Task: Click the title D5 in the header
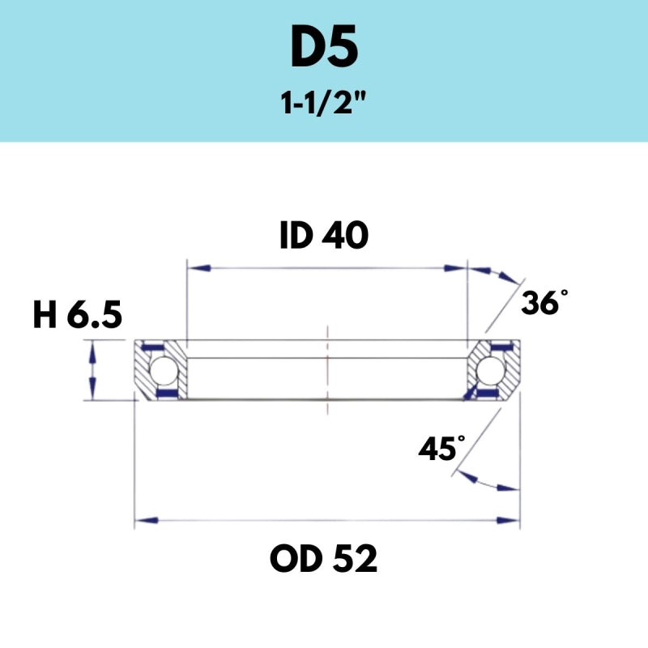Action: click(x=323, y=49)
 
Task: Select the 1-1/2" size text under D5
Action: click(x=324, y=104)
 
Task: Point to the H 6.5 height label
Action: click(x=77, y=316)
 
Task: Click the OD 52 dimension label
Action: click(x=324, y=558)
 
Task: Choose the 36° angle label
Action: click(x=540, y=303)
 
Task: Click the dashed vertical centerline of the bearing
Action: click(x=327, y=373)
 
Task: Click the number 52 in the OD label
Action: click(x=355, y=558)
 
